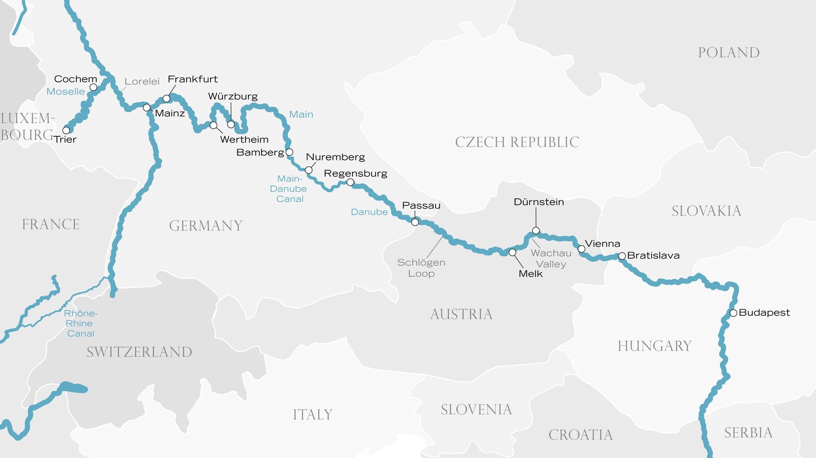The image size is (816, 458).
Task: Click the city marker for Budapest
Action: point(733,313)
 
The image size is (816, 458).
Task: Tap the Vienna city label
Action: point(602,244)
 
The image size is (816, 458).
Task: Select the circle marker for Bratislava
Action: point(622,256)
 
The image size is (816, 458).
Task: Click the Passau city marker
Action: point(415,222)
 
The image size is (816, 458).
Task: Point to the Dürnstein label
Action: point(539,202)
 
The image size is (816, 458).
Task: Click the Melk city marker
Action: point(512,253)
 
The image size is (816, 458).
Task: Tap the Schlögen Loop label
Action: point(421,268)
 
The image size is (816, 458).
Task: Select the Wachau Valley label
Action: point(551,259)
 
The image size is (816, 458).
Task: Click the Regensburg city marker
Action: point(350,183)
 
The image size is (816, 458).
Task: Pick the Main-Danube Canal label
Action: point(289,189)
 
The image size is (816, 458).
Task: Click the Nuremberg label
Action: point(335,157)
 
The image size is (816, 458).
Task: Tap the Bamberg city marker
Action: point(289,152)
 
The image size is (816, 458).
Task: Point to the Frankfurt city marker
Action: point(166,99)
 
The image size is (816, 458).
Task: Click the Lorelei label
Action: point(142,81)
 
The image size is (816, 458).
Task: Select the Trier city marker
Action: point(66,130)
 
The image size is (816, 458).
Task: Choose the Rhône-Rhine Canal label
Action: point(81,323)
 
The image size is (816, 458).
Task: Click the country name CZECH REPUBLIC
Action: point(517,142)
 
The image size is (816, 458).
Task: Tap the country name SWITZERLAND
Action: point(139,352)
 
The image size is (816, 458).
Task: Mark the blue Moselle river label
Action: point(65,92)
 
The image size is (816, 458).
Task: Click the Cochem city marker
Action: point(94,87)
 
